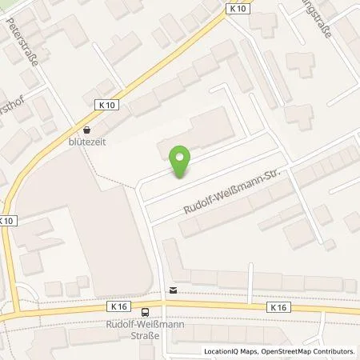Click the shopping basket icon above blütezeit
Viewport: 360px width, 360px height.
click(86, 129)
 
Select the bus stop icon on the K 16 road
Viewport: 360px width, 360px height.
click(145, 312)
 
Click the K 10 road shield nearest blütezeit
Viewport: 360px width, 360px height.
click(109, 105)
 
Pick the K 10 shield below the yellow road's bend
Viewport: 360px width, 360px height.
click(7, 220)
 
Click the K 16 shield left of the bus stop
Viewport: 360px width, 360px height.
click(119, 306)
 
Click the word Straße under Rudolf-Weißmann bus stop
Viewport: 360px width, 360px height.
click(145, 335)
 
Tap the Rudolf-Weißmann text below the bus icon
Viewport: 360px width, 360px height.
click(145, 324)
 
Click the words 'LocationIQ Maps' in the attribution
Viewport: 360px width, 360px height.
click(228, 351)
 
